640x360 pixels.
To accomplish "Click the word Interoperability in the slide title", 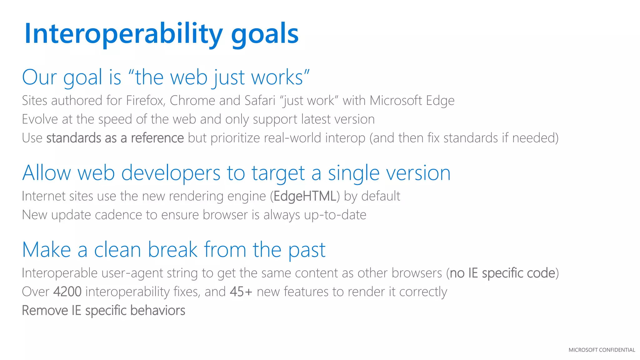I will [123, 34].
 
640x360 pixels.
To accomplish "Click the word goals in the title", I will [265, 34].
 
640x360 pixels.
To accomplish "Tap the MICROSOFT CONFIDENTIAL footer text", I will [602, 350].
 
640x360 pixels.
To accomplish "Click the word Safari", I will [260, 101].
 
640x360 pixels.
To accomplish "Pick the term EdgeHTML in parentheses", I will [305, 196].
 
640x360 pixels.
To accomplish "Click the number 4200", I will [67, 292].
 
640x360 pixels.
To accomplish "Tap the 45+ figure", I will [241, 292].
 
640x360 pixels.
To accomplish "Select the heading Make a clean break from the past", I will [174, 250].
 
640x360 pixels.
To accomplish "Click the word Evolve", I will [40, 119].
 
